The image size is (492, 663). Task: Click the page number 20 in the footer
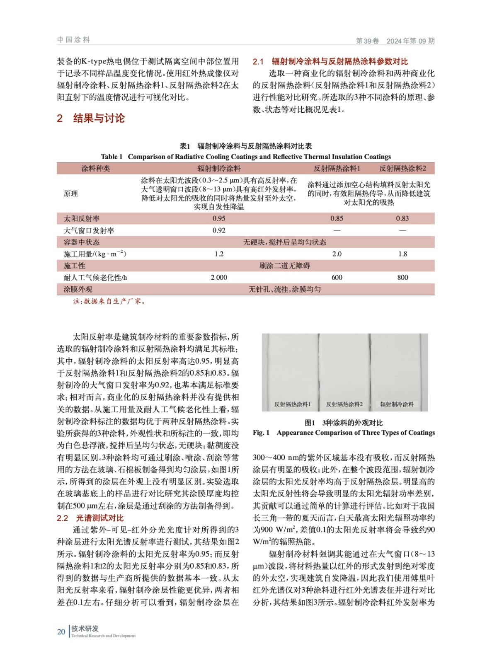coord(61,632)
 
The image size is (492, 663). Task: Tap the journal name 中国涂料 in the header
coord(73,40)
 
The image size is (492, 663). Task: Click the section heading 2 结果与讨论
coord(91,119)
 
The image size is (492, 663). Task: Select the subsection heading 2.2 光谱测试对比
coord(90,518)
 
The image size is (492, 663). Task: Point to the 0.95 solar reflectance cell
coord(219,218)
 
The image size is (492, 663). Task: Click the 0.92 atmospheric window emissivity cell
coord(219,230)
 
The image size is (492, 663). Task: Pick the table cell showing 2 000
coord(219,277)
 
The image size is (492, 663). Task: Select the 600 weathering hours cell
coord(337,277)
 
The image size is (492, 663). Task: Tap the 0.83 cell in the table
coord(402,218)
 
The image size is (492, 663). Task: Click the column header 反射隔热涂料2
coord(402,168)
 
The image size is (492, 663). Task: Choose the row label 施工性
coord(75,266)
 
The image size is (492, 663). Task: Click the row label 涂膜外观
coord(78,289)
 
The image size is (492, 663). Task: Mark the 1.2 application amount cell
coord(219,254)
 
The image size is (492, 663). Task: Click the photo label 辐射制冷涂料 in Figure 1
coord(397,404)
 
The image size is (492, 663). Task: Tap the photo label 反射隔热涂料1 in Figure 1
coord(292,404)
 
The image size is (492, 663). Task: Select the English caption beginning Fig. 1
coord(344,433)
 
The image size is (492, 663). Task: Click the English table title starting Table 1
coord(246,157)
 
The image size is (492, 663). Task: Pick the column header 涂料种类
coord(96,168)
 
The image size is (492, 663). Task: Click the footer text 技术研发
coord(85,629)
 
